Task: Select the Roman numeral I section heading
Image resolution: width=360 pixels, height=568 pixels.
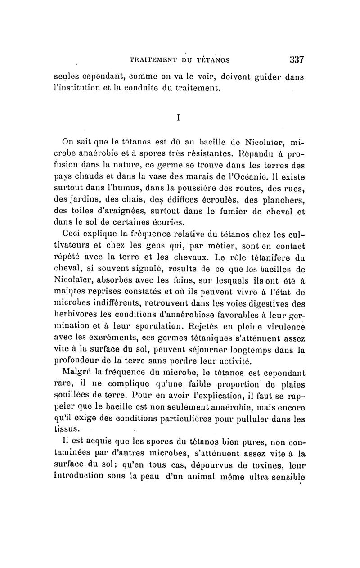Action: pyautogui.click(x=179, y=117)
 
